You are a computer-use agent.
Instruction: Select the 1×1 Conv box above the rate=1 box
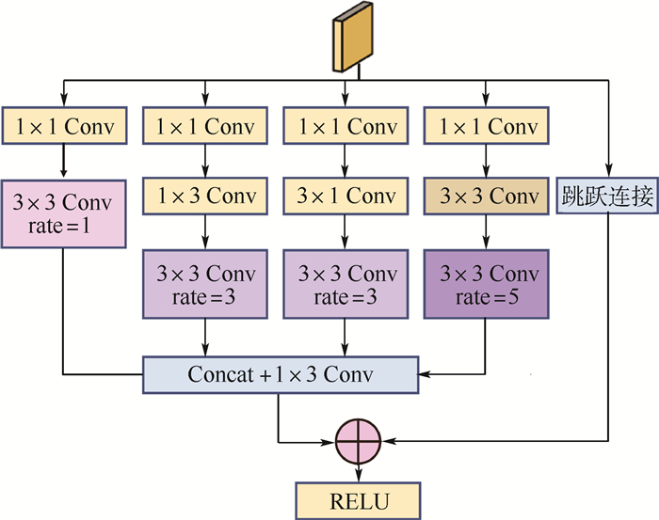64,126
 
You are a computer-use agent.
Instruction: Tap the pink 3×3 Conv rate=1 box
64,213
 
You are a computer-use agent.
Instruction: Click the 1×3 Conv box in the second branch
205,197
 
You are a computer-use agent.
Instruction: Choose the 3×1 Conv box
346,197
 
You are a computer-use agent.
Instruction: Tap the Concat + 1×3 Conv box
281,374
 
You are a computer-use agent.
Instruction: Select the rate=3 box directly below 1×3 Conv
205,285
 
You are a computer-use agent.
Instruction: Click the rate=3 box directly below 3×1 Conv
346,285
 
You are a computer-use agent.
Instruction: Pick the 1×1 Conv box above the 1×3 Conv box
205,126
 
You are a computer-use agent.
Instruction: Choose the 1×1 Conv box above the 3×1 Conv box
346,126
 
